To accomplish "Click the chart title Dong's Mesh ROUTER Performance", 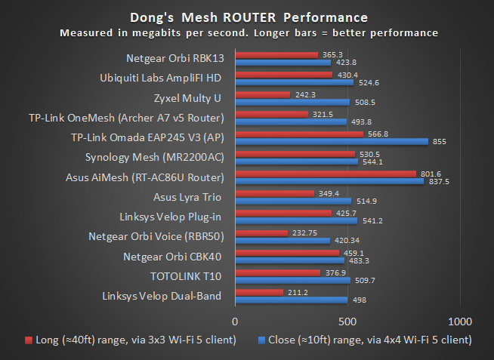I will (247, 17).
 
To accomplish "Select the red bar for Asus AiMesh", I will (326, 174).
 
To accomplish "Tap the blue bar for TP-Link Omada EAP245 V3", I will (332, 141).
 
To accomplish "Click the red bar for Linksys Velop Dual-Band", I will (259, 292).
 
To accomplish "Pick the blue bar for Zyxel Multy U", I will (292, 102).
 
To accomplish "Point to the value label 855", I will (439, 141).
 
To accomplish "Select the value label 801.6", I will (431, 174).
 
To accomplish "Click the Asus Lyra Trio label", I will (188, 197).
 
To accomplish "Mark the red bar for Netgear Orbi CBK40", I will (287, 253).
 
